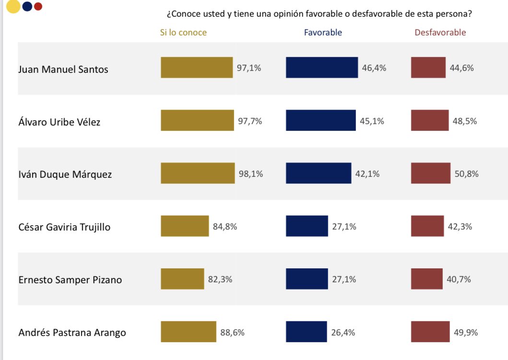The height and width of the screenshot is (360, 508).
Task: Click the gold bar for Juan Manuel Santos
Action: (x=197, y=68)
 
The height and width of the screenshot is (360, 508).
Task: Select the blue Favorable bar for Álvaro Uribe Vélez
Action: (x=321, y=120)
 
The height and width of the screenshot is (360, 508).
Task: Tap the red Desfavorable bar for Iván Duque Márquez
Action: (x=431, y=173)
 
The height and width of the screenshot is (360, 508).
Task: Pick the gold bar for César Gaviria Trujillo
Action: (x=185, y=226)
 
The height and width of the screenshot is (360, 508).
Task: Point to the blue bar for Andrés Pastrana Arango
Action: (x=306, y=332)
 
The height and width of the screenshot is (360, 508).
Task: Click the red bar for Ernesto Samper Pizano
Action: (x=426, y=279)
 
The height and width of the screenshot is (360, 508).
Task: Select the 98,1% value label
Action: (x=251, y=174)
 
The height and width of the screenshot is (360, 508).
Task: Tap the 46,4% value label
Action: (x=374, y=68)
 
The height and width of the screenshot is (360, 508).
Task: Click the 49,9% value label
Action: (x=466, y=332)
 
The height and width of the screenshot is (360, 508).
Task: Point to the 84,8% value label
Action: (x=225, y=227)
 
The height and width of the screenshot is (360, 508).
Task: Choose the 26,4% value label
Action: (x=343, y=332)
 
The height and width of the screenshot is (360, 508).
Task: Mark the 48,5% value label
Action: (x=465, y=121)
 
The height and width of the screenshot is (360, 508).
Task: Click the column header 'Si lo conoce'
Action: (x=183, y=33)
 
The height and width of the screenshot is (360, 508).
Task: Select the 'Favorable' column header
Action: (x=323, y=33)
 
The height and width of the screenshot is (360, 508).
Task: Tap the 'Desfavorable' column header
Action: (x=440, y=33)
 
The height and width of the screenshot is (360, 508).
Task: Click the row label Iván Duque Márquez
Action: (x=65, y=174)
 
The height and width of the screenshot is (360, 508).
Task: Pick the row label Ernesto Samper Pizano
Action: (x=70, y=279)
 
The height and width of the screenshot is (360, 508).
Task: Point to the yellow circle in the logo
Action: (x=13, y=6)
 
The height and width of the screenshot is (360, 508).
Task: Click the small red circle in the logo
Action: (x=38, y=6)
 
